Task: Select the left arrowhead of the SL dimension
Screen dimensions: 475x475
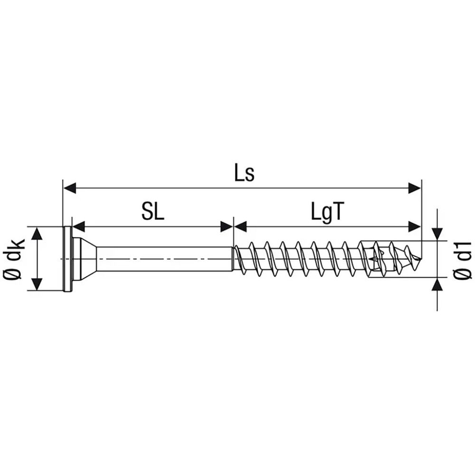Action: [x=78, y=226]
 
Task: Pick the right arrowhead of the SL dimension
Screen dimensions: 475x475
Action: [x=227, y=226]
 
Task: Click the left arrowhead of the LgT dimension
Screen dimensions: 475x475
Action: [x=240, y=226]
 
